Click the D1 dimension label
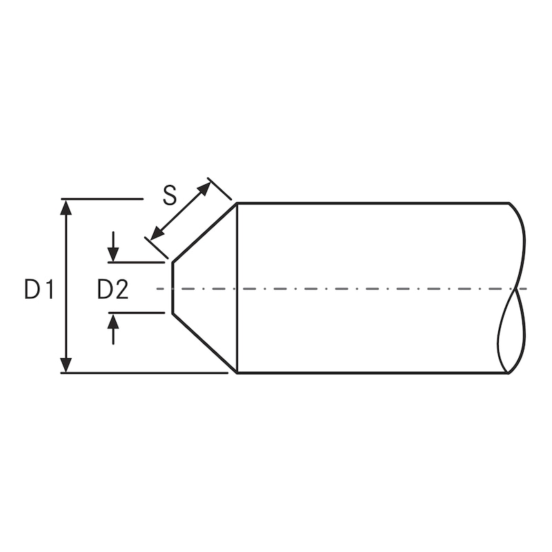pos(39,290)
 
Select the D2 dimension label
pos(112,290)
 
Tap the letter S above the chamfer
pos(170,195)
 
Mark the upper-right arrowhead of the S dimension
pos(204,188)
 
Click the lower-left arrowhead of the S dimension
pos(157,235)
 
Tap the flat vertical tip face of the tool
pos(172,288)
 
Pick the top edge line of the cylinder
pos(373,203)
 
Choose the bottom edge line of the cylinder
pos(373,373)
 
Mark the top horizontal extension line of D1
pos(103,199)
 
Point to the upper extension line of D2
pos(137,262)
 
